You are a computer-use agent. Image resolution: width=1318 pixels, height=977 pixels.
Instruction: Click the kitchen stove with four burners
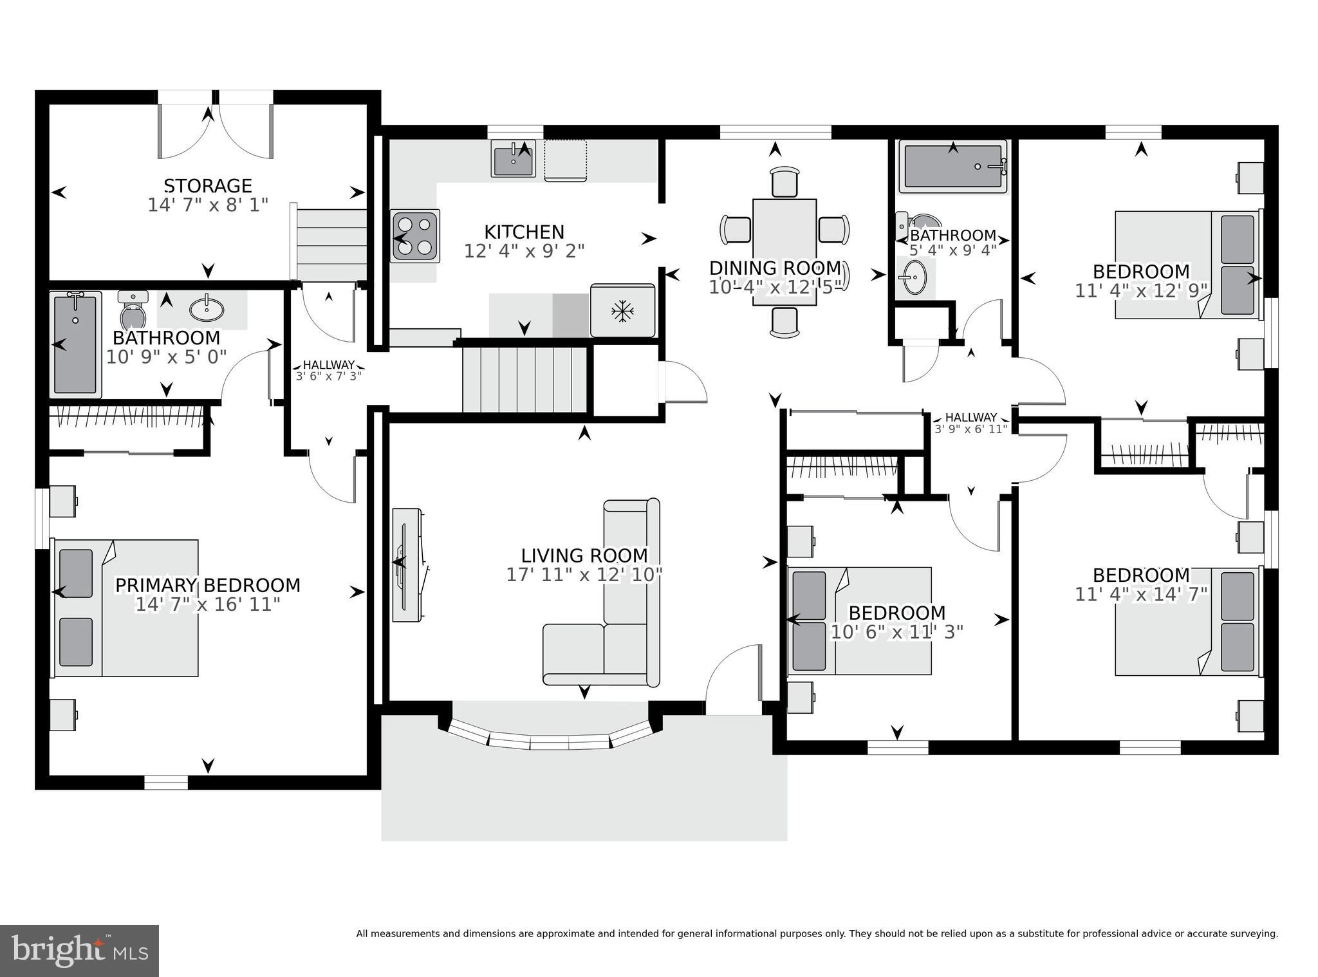click(415, 236)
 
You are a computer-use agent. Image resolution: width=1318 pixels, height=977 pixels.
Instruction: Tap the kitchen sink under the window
click(513, 158)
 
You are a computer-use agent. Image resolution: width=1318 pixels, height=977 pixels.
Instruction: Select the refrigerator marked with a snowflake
click(622, 310)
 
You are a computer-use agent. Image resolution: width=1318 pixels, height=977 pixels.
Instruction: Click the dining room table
click(784, 252)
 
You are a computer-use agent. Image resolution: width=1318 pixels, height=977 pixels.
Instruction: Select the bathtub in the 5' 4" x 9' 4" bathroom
click(952, 166)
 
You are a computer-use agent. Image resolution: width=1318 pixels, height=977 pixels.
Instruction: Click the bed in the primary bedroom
click(125, 608)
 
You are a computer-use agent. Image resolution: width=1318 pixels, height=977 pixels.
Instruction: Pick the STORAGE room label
click(208, 186)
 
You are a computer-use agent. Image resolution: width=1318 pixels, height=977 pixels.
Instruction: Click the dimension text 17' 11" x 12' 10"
click(584, 575)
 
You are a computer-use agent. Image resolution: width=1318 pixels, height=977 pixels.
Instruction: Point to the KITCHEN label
click(524, 232)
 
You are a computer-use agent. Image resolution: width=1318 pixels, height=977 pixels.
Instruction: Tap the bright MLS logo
click(79, 951)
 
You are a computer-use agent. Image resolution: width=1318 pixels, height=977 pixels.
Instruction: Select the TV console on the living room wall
click(409, 564)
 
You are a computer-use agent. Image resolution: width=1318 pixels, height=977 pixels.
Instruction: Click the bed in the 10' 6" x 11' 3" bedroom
click(860, 621)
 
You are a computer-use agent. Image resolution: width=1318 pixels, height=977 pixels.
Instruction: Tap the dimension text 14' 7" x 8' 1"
click(208, 205)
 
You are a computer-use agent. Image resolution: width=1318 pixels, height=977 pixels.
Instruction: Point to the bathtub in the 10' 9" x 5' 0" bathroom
click(76, 344)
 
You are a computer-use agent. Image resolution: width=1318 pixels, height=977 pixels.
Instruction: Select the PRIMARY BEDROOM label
click(208, 586)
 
